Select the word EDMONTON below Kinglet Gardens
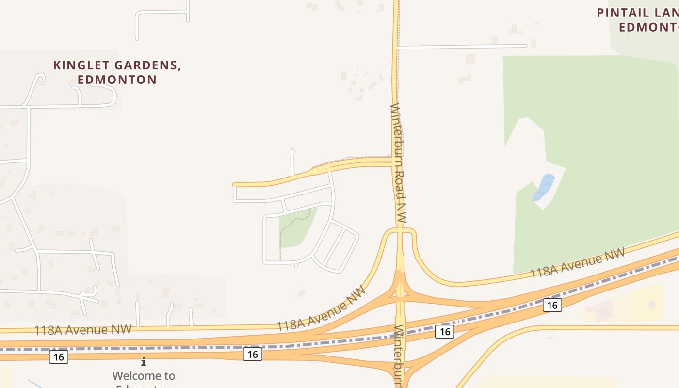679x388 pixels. pos(117,80)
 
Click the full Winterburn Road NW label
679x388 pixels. pos(399,163)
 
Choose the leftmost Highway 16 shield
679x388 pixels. pos(59,357)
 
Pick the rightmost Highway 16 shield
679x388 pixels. pos(552,305)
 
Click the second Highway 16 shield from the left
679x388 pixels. pos(252,355)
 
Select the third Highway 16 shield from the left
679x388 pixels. pos(445,332)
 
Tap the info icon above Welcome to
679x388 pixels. pos(144,361)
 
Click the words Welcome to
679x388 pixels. pos(144,375)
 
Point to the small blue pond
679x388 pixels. pos(544,187)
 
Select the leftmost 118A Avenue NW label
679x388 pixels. pos(82,330)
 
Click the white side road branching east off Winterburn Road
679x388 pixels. pos(461,47)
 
